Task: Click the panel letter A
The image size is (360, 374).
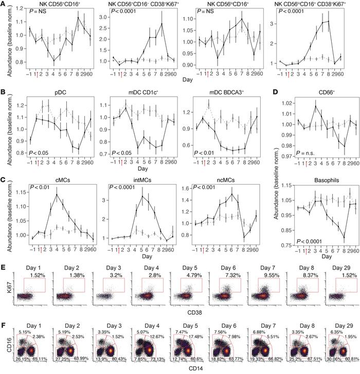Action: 4,4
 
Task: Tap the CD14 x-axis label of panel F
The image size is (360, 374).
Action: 182,369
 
